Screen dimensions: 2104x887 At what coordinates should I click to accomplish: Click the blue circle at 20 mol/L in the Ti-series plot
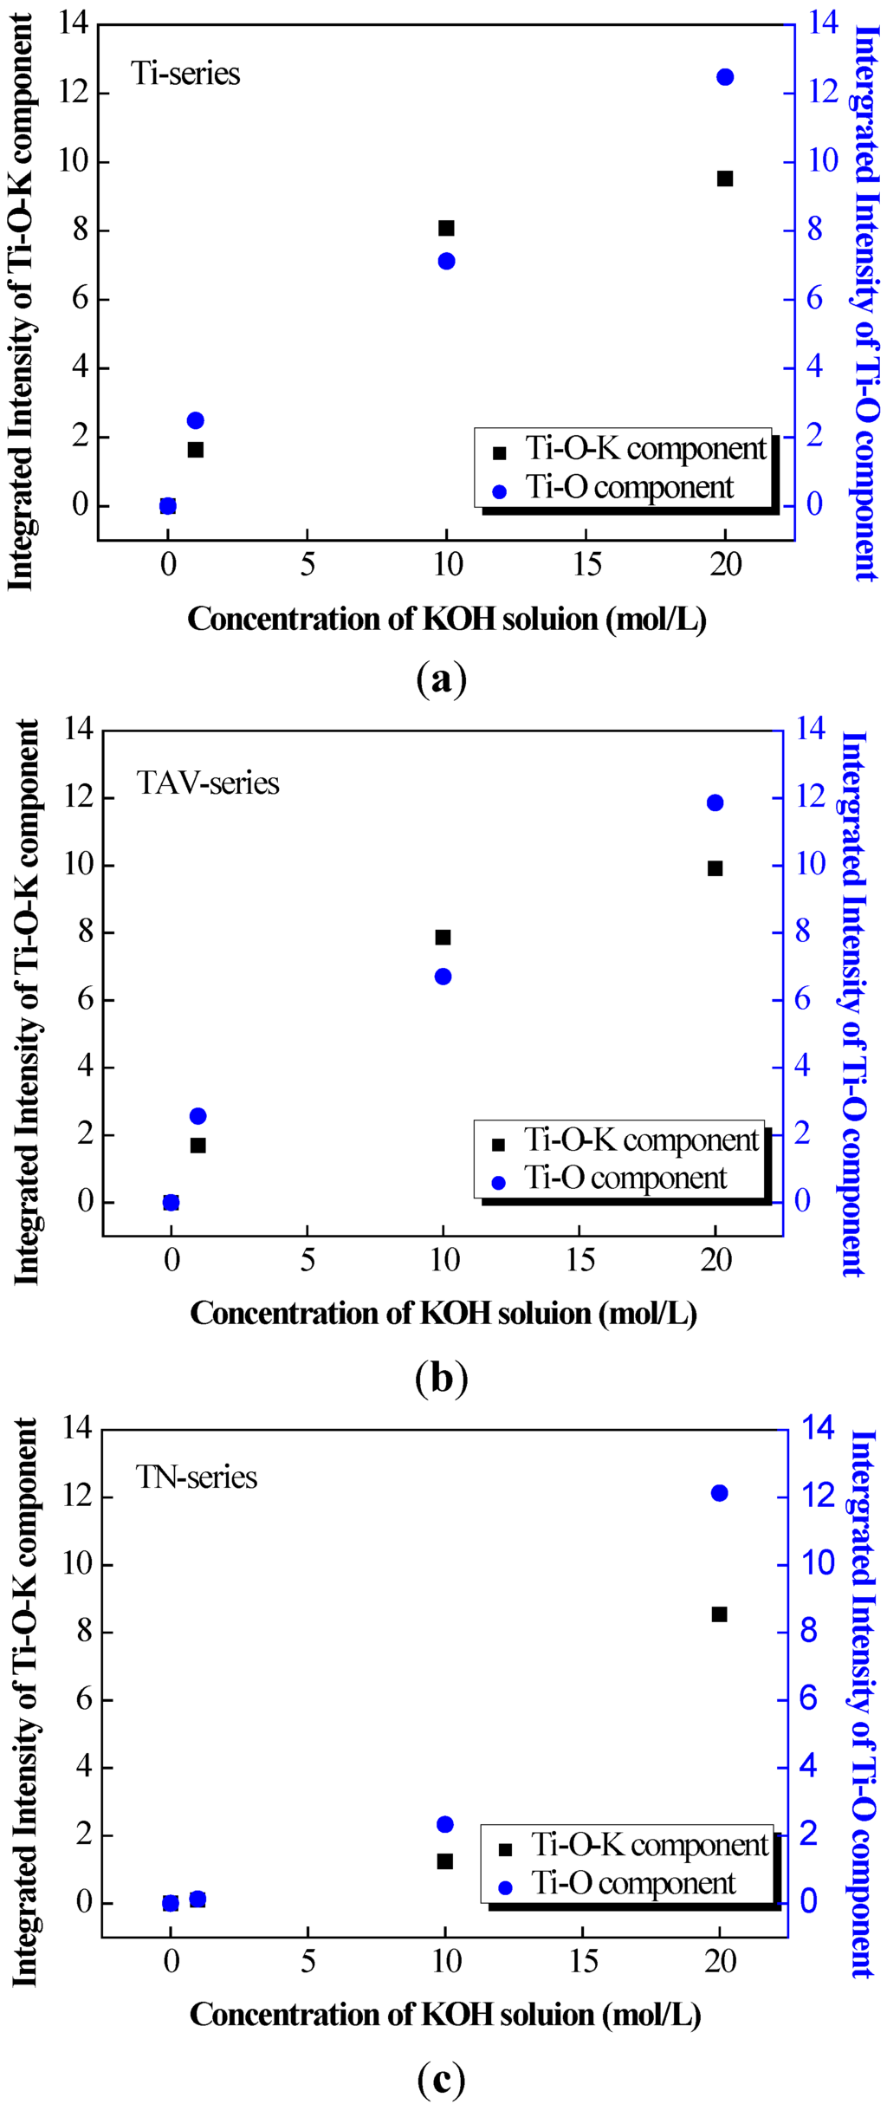coord(725,77)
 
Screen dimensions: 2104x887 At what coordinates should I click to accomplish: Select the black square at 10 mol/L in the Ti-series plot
coord(446,228)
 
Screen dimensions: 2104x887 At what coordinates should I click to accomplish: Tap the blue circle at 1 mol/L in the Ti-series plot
coord(195,420)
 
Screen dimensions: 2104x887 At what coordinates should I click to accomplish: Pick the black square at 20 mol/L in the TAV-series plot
coord(715,868)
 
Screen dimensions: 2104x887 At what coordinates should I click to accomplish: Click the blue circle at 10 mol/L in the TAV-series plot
coord(443,977)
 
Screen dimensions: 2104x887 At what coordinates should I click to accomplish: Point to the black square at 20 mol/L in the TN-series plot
coord(719,1614)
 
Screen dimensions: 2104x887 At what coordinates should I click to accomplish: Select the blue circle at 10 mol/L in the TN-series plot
coord(445,1824)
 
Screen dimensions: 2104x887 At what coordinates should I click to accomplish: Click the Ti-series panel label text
coord(185,74)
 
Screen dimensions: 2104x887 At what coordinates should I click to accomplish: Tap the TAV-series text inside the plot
coord(208,783)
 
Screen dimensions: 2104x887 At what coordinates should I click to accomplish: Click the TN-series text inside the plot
coord(197,1477)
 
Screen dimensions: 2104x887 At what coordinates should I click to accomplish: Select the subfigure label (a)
coord(442,679)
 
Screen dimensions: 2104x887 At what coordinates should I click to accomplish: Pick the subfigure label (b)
coord(442,1377)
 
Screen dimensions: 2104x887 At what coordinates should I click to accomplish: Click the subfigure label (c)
coord(442,2078)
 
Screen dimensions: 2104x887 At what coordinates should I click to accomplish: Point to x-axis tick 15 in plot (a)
coord(586,565)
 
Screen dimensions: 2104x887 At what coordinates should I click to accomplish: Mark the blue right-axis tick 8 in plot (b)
coord(803,932)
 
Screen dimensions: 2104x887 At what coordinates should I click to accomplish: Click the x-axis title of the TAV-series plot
coord(443,1313)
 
